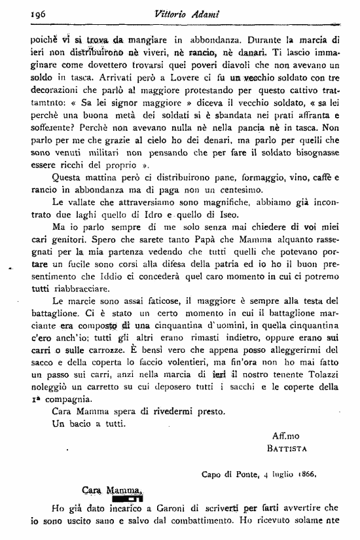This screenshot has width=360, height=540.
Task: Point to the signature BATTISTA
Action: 287,448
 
